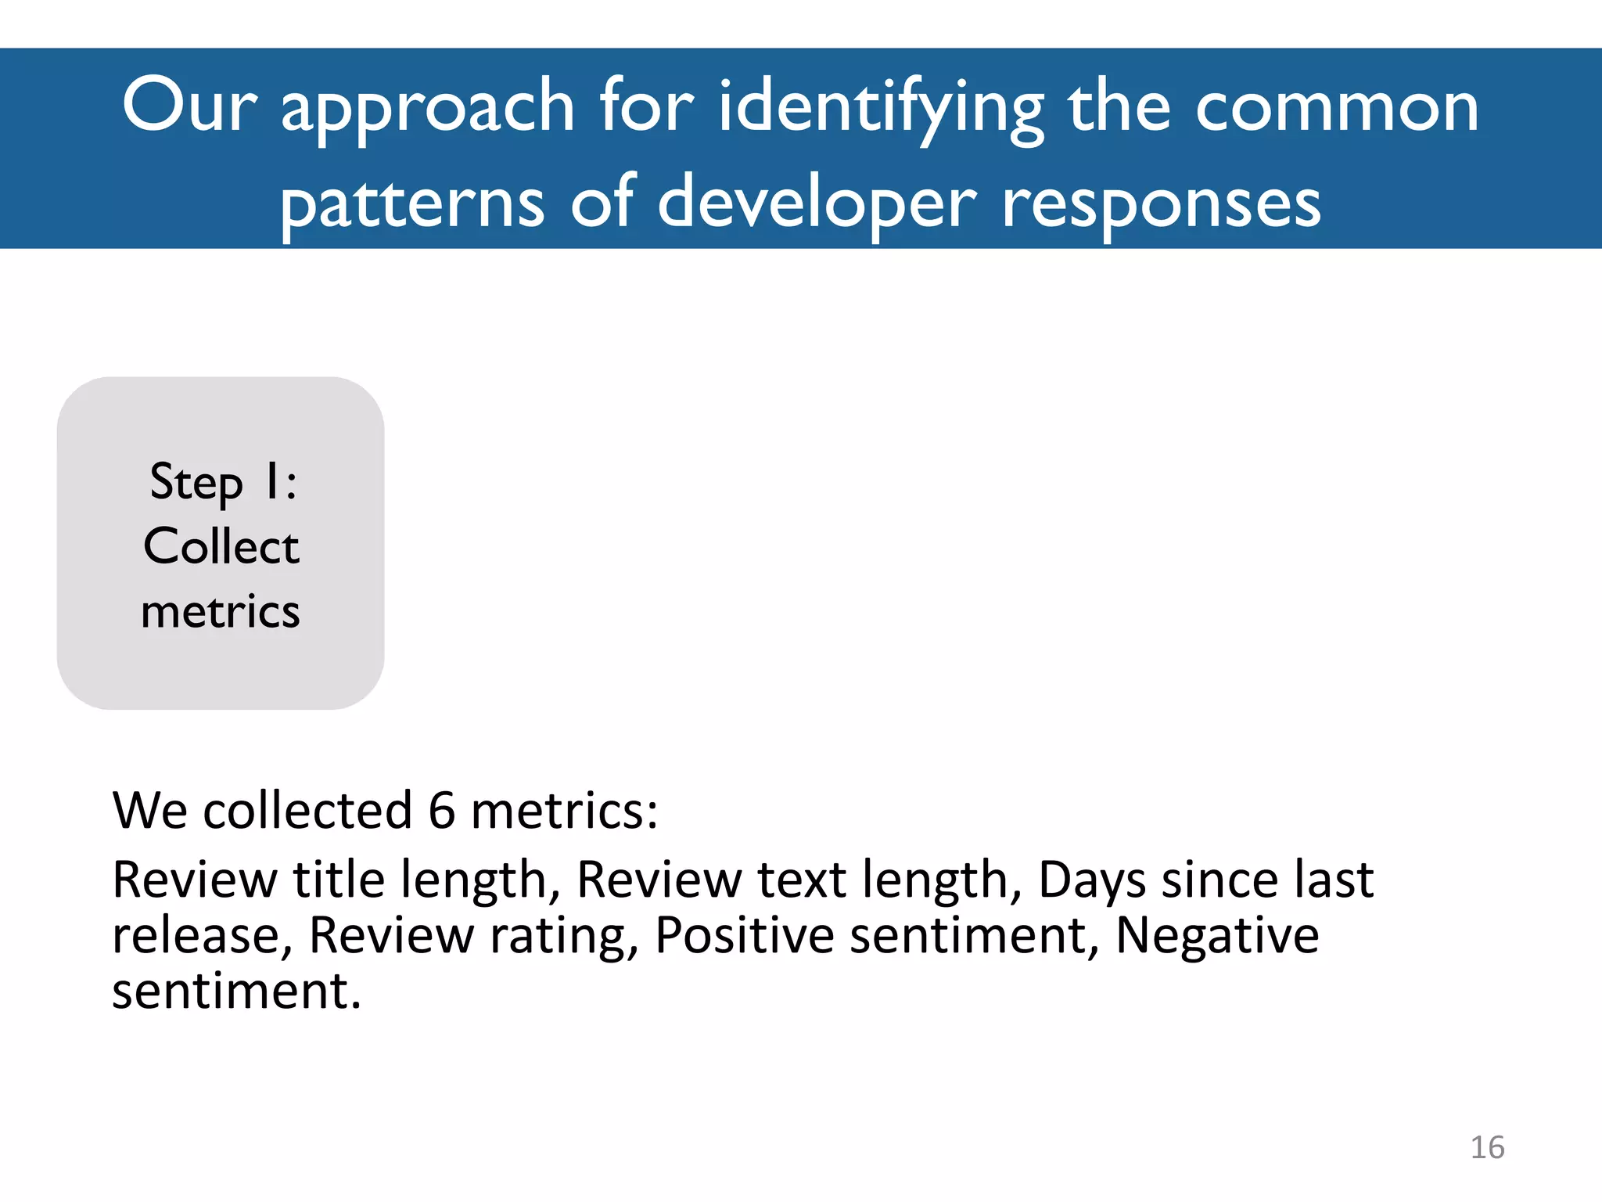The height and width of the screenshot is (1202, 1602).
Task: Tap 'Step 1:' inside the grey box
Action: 223,481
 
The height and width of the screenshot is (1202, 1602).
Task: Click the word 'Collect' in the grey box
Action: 221,546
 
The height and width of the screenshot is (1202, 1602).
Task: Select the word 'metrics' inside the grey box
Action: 221,611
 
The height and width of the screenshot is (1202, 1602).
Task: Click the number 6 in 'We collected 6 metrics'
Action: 442,810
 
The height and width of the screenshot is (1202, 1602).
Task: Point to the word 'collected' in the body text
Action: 307,810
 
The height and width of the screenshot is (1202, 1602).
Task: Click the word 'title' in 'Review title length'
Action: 338,880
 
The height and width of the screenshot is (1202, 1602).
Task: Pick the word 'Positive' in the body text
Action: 744,935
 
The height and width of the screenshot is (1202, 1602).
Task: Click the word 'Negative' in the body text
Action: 1217,935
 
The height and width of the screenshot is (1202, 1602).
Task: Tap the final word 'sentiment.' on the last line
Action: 236,991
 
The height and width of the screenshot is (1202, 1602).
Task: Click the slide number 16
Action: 1487,1147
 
